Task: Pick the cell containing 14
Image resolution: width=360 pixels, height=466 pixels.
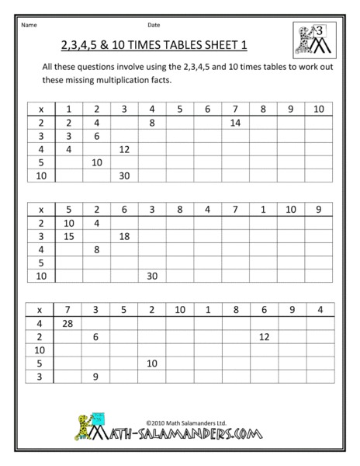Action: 236,122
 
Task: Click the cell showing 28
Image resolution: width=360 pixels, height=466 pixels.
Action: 69,322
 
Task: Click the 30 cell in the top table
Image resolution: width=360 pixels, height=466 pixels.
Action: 124,176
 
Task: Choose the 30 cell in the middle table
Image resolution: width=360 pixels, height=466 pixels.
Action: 152,275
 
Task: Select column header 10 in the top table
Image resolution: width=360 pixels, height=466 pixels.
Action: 318,109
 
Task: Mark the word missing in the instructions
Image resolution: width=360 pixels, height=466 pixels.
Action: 81,80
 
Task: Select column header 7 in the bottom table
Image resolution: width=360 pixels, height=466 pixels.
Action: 69,309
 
